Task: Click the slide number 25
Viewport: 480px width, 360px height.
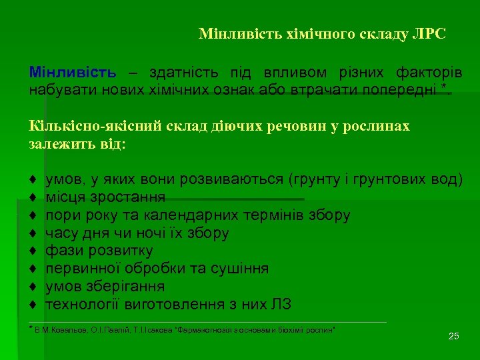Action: pyautogui.click(x=454, y=335)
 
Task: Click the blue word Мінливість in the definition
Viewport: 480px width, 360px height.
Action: pyautogui.click(x=73, y=72)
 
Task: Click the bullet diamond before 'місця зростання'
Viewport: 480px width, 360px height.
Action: pyautogui.click(x=33, y=197)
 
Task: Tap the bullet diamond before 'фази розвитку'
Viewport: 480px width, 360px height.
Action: pyautogui.click(x=33, y=251)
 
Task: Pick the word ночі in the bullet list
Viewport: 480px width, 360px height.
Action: pyautogui.click(x=153, y=233)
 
